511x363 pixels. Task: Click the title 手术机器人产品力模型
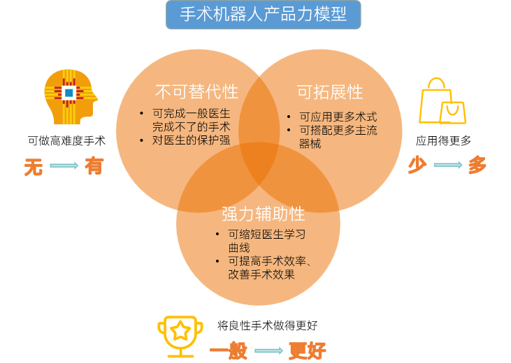pyautogui.click(x=264, y=15)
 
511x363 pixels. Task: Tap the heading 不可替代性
pyautogui.click(x=196, y=91)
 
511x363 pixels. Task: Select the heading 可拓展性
pyautogui.click(x=330, y=92)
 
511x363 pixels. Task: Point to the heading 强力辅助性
pyautogui.click(x=264, y=214)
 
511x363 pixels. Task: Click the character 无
pyautogui.click(x=34, y=167)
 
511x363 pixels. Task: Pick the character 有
pyautogui.click(x=94, y=166)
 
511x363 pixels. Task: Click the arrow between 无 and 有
pyautogui.click(x=64, y=166)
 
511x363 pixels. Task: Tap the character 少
pyautogui.click(x=417, y=165)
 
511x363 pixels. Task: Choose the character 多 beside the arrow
pyautogui.click(x=477, y=165)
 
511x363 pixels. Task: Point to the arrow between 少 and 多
pyautogui.click(x=447, y=165)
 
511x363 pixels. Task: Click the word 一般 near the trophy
pyautogui.click(x=229, y=350)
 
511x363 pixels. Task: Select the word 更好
pyautogui.click(x=308, y=350)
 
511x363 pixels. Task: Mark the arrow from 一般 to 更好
pyautogui.click(x=268, y=350)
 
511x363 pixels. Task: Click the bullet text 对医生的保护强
pyautogui.click(x=191, y=140)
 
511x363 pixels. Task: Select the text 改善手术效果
pyautogui.click(x=261, y=274)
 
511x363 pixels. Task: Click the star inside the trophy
pyautogui.click(x=180, y=329)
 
